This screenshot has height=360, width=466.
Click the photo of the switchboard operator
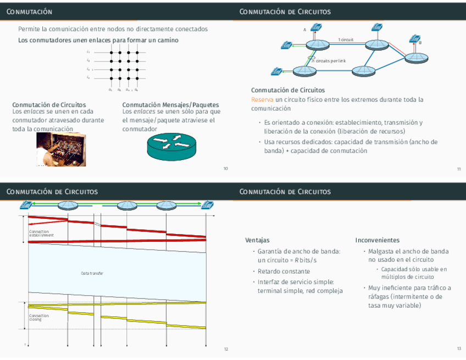[54, 149]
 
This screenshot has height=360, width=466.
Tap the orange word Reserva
[262, 99]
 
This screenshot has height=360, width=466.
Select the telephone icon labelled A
[316, 27]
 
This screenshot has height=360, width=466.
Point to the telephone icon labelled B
[415, 38]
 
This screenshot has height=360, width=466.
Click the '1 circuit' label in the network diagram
[346, 40]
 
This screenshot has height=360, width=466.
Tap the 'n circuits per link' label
[329, 60]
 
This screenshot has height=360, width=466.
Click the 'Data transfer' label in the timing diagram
[92, 273]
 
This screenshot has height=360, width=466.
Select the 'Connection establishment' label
[42, 234]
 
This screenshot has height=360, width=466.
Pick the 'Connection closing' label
[39, 318]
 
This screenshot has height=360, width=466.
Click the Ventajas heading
[257, 240]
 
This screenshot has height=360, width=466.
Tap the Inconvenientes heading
[377, 240]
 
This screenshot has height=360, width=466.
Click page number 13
[459, 349]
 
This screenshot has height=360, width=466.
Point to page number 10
[225, 169]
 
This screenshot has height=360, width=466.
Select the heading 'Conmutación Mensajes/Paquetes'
[170, 104]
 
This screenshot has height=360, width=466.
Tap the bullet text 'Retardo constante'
[284, 271]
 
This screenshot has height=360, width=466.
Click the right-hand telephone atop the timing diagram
[207, 205]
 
